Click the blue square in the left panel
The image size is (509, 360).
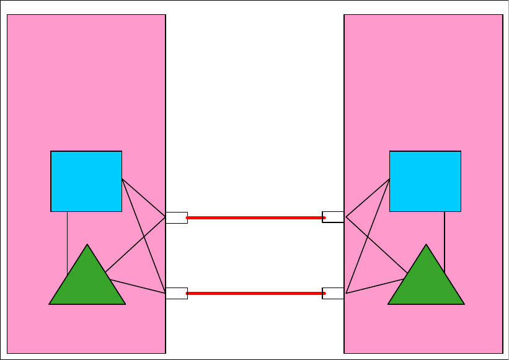click(x=86, y=181)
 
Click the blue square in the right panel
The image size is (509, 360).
click(x=425, y=181)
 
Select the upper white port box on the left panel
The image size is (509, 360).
click(x=176, y=217)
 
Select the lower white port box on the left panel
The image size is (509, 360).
click(x=176, y=293)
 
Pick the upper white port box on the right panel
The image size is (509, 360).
click(x=333, y=217)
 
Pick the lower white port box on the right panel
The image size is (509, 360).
click(x=333, y=293)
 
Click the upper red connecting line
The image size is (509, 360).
click(x=255, y=218)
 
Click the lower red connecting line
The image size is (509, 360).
click(x=255, y=293)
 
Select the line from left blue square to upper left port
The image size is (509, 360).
click(x=144, y=198)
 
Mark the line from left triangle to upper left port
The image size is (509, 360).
click(x=136, y=244)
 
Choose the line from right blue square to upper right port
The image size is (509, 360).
click(x=368, y=198)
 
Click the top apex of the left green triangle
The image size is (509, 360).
click(x=87, y=246)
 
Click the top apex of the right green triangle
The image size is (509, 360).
click(x=426, y=246)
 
